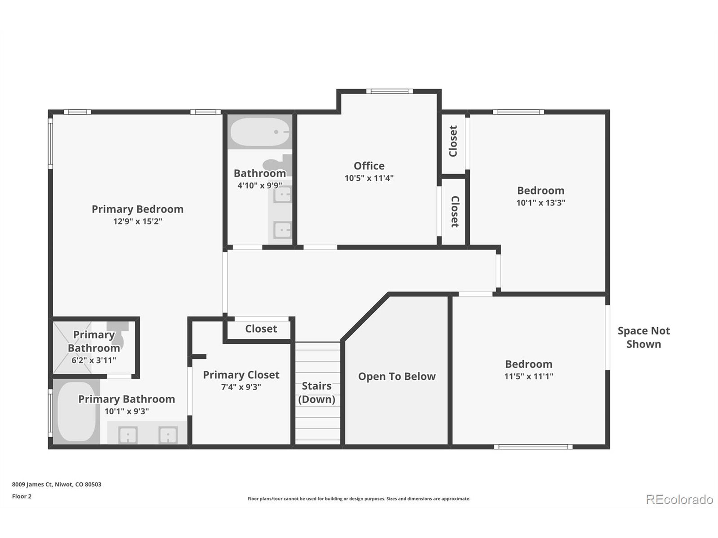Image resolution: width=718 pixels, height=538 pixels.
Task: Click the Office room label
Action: point(369,166)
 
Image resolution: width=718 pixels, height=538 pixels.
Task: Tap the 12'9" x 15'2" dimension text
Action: point(138,221)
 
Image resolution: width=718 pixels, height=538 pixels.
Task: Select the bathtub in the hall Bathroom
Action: point(260,132)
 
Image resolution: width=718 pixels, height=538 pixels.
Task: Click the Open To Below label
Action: point(397,377)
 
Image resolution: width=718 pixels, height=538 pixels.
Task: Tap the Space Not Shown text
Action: point(643,337)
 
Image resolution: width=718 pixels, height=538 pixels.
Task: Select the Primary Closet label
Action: point(241,375)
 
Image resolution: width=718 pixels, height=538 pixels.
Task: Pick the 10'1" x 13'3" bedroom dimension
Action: point(540,203)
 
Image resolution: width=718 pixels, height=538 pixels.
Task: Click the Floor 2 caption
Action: point(22,497)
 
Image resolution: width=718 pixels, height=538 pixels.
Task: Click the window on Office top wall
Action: point(390,91)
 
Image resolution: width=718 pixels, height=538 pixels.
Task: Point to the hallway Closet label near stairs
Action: point(261,329)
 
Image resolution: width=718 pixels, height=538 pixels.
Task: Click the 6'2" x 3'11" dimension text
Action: point(94,360)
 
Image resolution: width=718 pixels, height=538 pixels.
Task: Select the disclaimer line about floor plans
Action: point(359,499)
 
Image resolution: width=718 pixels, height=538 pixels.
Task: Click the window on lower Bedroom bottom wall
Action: point(533,447)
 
